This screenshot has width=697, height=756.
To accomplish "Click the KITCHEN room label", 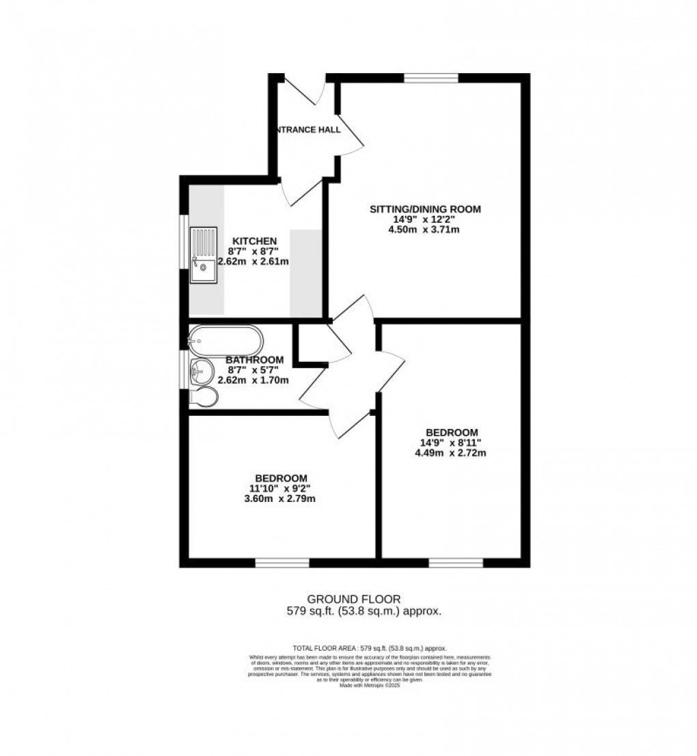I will pos(254,241).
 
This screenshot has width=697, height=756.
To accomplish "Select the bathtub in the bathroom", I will pos(225,338).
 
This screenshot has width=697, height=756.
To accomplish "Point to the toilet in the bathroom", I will pos(204,397).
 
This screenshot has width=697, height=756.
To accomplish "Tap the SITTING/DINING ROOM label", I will pos(426,209).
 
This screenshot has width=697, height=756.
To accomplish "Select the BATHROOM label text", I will pos(254,360).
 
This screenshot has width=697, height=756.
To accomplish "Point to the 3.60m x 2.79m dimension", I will pos(281,499).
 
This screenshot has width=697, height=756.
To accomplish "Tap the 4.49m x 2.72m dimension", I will pos(451,452).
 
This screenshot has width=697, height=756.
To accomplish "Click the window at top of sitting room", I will pos(430,78).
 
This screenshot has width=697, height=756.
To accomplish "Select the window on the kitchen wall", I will pos(182,242).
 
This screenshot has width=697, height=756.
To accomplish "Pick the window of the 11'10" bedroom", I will pos(282,563).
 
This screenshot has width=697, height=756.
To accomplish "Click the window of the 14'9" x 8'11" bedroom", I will pos(455,563).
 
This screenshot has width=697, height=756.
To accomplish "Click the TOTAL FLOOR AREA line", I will pos(368,647).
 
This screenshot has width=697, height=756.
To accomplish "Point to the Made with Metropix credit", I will pos(369,685).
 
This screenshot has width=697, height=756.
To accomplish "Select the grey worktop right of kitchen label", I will pos(305,273).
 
